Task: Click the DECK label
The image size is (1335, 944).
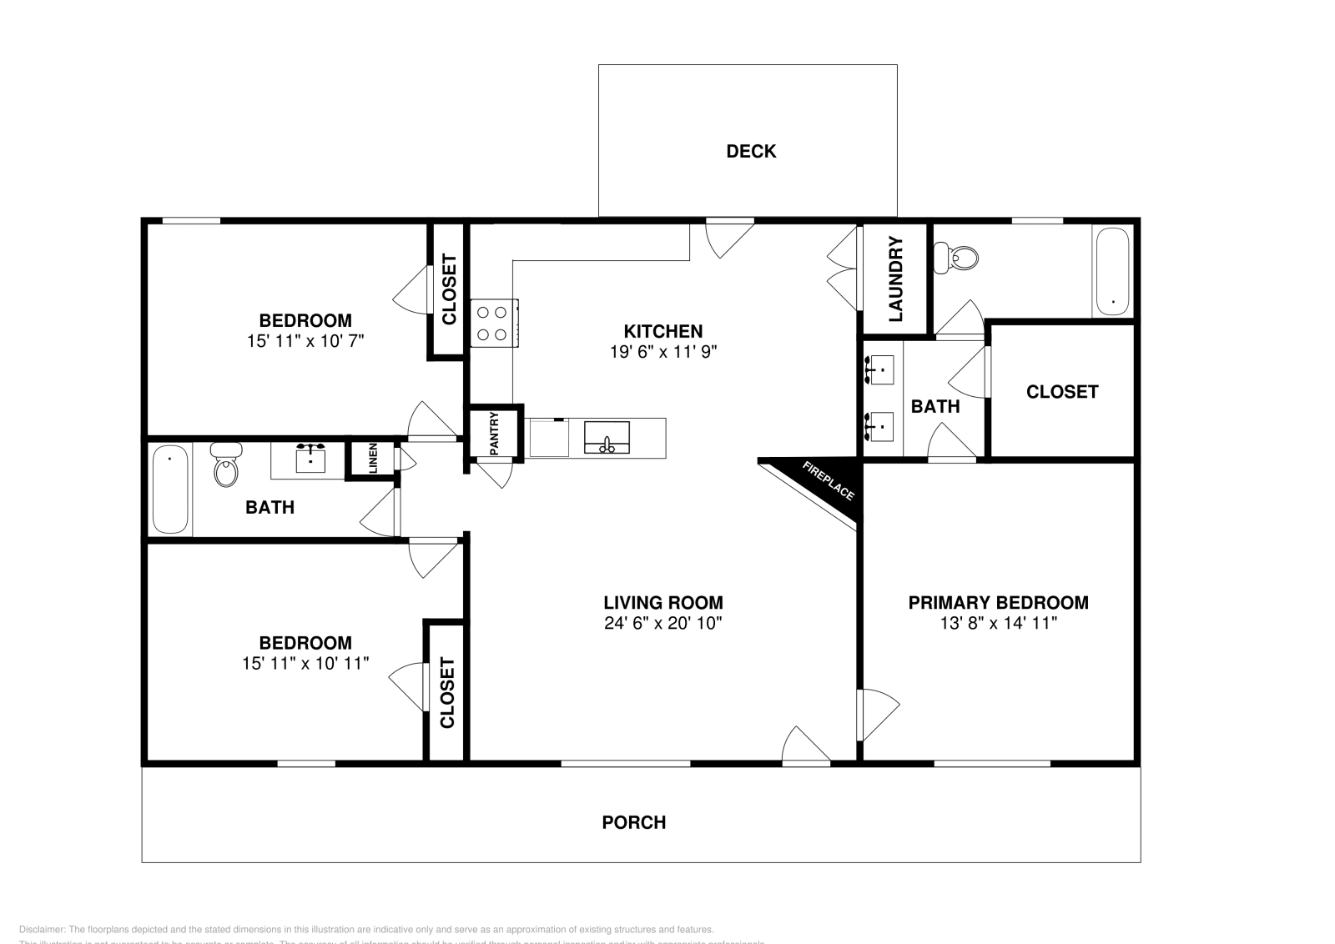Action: coord(751,151)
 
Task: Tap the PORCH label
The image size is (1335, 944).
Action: coord(634,822)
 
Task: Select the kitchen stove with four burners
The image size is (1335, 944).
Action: coord(492,324)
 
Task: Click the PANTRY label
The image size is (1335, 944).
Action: coord(494,434)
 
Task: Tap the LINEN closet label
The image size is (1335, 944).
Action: coord(373,458)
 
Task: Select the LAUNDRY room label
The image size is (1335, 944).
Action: coord(895,279)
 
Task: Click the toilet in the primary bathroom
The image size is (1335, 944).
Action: coord(956,257)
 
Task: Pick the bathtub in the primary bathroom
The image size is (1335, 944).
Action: coord(1112,272)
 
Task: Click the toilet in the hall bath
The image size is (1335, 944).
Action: coord(226,466)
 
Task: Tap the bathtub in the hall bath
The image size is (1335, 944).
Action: coord(170,489)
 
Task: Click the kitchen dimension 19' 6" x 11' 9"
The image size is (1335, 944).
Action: coord(663,352)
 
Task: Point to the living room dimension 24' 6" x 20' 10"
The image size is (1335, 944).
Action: coord(663,623)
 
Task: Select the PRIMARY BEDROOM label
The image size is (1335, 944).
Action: coord(998,602)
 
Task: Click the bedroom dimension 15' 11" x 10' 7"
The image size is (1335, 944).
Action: coord(305,341)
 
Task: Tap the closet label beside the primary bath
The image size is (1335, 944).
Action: coord(1062,392)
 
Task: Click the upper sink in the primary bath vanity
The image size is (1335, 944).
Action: coord(881,369)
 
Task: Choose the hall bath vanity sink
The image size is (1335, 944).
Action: coord(311,459)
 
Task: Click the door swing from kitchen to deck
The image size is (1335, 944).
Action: coord(728,237)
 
